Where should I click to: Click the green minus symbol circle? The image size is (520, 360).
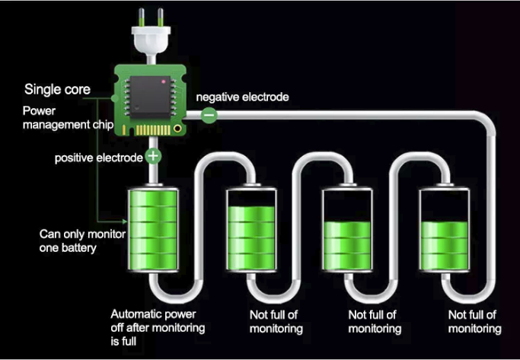209,114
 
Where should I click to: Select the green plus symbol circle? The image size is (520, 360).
153,157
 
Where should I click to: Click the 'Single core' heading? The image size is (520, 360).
57,90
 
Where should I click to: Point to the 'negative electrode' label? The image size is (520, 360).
243,97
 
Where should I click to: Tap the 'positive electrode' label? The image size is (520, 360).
98,158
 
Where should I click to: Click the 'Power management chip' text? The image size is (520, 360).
68,118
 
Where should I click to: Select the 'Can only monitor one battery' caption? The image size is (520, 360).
73,241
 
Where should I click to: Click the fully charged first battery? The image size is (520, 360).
153,227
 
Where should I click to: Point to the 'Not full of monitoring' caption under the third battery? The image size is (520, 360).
375,321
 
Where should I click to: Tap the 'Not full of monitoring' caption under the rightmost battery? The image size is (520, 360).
474,321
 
